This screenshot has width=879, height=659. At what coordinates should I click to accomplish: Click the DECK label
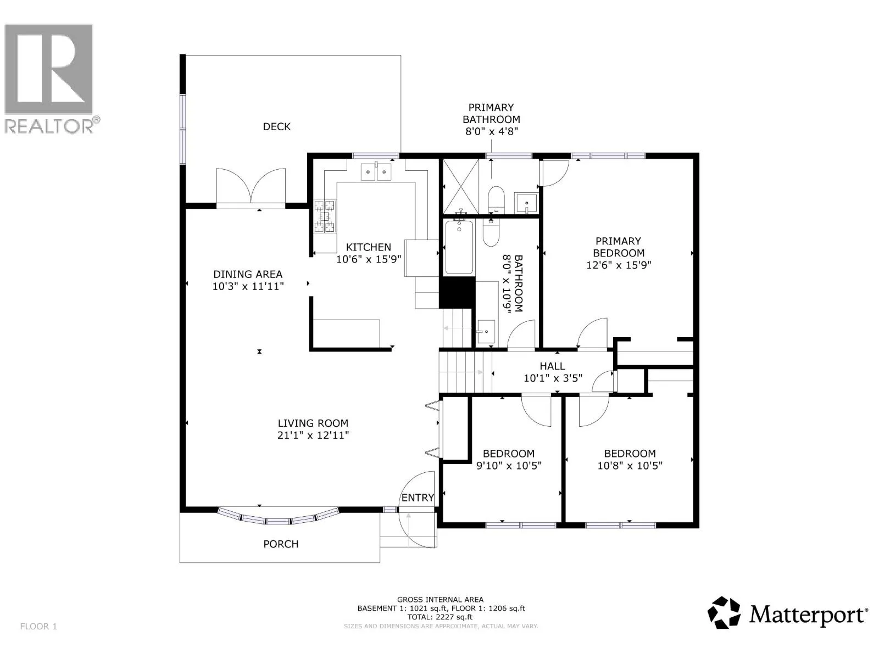[276, 127]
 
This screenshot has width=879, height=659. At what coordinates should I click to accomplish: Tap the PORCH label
[281, 544]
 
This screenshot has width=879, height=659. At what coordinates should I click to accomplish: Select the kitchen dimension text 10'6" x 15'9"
[369, 259]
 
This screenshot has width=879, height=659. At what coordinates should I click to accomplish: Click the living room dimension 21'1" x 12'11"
[313, 435]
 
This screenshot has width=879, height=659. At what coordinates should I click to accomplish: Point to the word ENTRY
[418, 498]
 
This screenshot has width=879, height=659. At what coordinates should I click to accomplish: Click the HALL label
[552, 366]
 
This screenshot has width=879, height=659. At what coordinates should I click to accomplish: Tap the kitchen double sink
[376, 172]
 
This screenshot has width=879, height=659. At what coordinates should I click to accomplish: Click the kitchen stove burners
[324, 216]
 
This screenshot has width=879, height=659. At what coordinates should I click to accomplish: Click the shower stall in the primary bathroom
[460, 187]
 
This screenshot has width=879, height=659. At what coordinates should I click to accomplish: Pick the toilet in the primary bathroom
[496, 200]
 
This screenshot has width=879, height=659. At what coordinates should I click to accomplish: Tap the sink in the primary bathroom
[526, 203]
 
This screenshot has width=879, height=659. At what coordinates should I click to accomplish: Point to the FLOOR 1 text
[38, 626]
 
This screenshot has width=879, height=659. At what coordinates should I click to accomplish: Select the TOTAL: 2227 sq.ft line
[440, 617]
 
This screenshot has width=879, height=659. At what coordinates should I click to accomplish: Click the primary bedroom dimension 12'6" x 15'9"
[619, 265]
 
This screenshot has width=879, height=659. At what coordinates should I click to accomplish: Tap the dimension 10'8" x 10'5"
[630, 466]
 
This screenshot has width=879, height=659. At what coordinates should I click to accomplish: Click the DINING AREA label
[248, 275]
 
